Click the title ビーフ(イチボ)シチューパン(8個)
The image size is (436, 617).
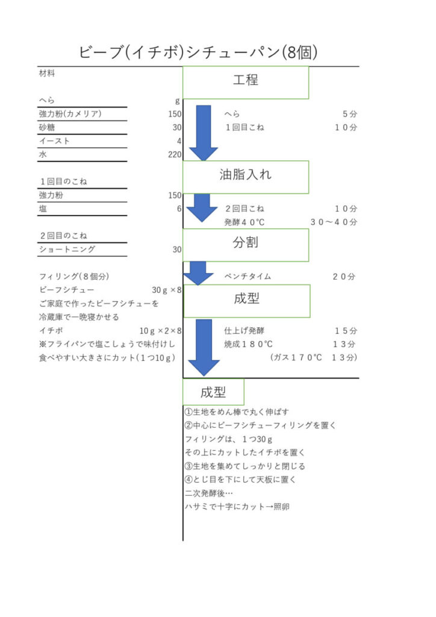click(198, 52)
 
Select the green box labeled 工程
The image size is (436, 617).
click(246, 82)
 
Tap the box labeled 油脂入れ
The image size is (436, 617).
click(246, 177)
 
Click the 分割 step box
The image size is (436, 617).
click(246, 245)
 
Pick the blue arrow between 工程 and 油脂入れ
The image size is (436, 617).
click(204, 133)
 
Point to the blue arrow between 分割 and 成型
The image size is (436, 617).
click(198, 273)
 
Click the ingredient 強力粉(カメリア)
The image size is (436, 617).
click(70, 114)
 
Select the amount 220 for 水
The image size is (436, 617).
click(175, 154)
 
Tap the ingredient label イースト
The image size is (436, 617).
click(54, 141)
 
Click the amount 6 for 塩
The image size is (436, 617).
click(179, 208)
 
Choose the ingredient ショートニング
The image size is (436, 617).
click(67, 249)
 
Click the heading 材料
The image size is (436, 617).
click(47, 73)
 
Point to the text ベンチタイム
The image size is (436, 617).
click(248, 276)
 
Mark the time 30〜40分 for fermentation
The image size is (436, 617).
click(334, 222)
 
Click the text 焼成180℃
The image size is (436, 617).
click(248, 344)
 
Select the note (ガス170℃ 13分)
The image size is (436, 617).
click(313, 357)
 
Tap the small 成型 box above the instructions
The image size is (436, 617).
click(213, 392)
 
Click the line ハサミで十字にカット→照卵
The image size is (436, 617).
click(237, 506)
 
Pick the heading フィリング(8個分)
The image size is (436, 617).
click(74, 276)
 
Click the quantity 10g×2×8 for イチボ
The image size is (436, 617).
click(160, 331)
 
